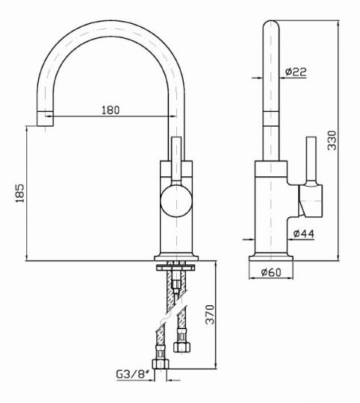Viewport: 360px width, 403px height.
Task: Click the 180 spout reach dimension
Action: click(x=111, y=110)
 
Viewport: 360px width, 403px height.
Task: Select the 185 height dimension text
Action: click(x=20, y=193)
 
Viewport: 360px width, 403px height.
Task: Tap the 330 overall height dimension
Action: click(x=332, y=140)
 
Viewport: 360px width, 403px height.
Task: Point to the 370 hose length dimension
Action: click(x=210, y=315)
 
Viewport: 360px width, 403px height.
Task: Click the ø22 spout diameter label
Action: click(x=296, y=72)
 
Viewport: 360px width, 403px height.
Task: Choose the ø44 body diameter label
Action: click(x=304, y=234)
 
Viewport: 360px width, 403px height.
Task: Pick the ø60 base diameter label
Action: click(x=271, y=272)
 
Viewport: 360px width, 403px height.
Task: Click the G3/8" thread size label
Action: click(x=133, y=374)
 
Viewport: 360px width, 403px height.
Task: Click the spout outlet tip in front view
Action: click(x=45, y=119)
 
